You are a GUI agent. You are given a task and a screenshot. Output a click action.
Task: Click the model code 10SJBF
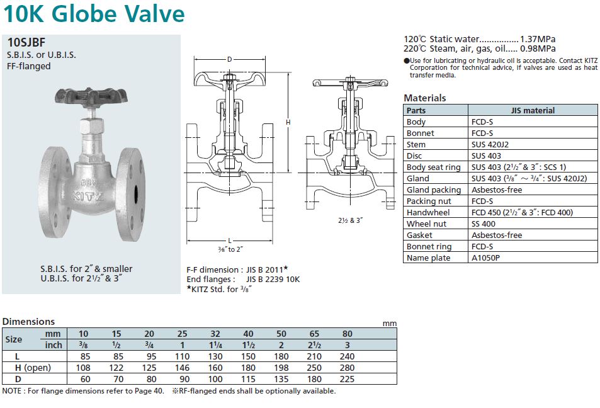tap(26, 42)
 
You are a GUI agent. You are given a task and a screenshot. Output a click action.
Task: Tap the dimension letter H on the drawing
tap(288, 122)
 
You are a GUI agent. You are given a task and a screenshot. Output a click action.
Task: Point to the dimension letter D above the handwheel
tap(230, 59)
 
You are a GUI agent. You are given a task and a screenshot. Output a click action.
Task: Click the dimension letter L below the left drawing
tap(230, 241)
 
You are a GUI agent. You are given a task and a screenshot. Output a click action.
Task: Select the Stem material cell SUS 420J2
tap(490, 144)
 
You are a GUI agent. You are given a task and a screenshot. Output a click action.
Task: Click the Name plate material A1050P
tap(485, 258)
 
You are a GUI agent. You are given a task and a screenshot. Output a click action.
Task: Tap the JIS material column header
tap(533, 110)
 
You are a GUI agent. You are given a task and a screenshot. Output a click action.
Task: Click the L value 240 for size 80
tap(347, 356)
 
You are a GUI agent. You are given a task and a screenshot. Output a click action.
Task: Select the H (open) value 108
tap(83, 368)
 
